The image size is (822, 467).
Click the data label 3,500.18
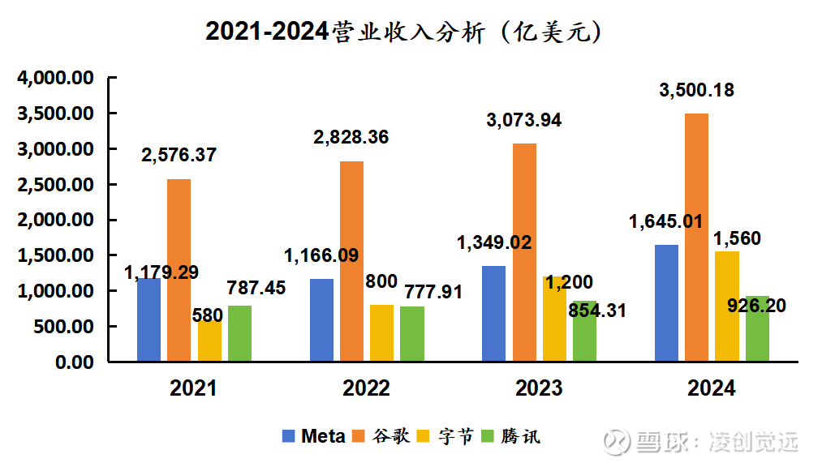click(696, 91)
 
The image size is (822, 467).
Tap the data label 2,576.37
click(179, 155)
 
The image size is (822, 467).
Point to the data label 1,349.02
click(494, 243)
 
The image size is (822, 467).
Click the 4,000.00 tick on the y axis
click(55, 79)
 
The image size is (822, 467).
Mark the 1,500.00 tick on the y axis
click(55, 255)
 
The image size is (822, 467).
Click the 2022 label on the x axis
click(366, 388)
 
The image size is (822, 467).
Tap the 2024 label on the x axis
click(712, 388)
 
